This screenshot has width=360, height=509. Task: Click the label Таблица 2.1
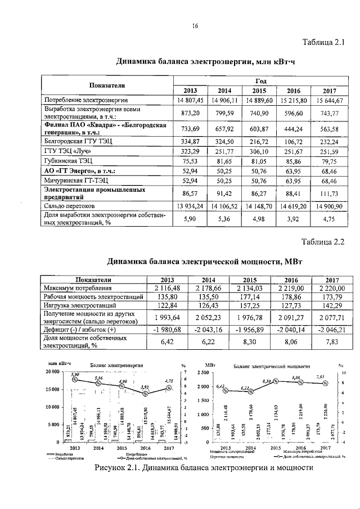[323, 42]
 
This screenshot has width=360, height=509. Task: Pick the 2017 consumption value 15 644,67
[329, 100]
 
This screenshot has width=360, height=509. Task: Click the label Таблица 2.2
[323, 242]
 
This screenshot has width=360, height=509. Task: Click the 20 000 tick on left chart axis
[52, 372]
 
